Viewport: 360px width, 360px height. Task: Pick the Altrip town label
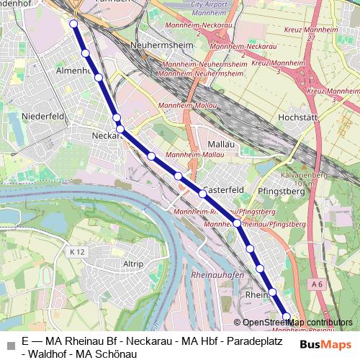[133, 264]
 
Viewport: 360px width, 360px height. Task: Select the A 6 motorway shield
[318, 284]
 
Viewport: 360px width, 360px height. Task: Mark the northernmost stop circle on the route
[73, 24]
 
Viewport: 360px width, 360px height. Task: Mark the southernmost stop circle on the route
[287, 317]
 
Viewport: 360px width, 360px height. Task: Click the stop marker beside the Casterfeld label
[203, 193]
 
